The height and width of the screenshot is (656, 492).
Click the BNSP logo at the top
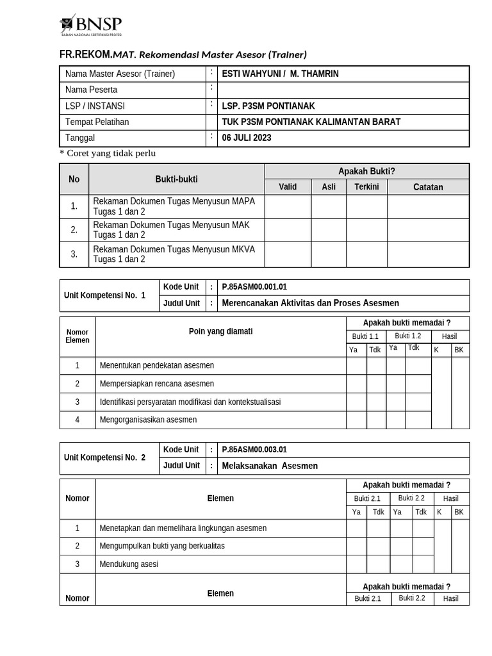coord(91,25)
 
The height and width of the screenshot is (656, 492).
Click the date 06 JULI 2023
coord(247,138)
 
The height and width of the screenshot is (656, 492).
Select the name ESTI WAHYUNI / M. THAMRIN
coord(280,74)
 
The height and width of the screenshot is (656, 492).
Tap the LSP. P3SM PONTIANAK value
coord(268,106)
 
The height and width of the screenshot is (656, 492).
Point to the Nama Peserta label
coord(91,90)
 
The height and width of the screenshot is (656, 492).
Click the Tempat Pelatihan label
coord(97,122)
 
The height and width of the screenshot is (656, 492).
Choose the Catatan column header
coord(428,187)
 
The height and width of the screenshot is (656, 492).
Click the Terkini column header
coord(366,186)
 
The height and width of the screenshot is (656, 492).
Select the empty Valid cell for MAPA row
coord(288,206)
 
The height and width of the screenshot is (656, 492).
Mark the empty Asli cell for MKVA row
coord(329,254)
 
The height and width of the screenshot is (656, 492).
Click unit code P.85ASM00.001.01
coord(254,287)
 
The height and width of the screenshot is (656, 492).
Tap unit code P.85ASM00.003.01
coord(254,450)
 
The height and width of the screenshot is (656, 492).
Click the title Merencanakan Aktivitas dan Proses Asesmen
coord(310,303)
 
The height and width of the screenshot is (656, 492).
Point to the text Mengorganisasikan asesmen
coord(148,420)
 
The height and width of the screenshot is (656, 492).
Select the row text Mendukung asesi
coord(129,564)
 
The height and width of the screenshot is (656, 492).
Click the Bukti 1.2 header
coord(408,336)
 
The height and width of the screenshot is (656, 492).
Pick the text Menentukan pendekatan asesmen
coord(157,365)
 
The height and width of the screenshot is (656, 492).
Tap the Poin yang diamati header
coord(220,331)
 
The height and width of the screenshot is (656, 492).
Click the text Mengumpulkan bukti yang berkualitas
coord(162,546)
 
